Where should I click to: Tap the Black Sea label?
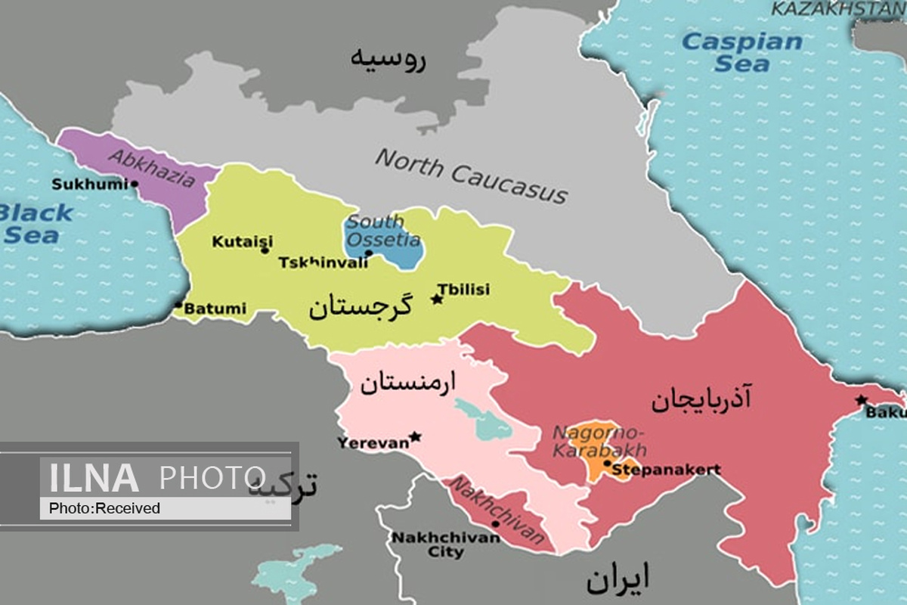point(34,223)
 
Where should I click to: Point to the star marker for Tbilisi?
point(436,299)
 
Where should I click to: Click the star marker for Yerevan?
point(414,437)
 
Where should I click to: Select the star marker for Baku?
point(861,400)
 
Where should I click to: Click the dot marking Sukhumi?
point(135,183)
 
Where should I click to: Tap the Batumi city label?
point(215,309)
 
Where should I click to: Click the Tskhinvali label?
point(323,263)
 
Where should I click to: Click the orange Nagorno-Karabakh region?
point(597,454)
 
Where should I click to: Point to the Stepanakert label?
point(665,470)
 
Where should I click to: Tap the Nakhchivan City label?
point(445,544)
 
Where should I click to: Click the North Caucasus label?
point(471,175)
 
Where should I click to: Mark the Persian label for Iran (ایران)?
point(618,580)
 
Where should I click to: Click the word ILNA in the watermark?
point(94,478)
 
